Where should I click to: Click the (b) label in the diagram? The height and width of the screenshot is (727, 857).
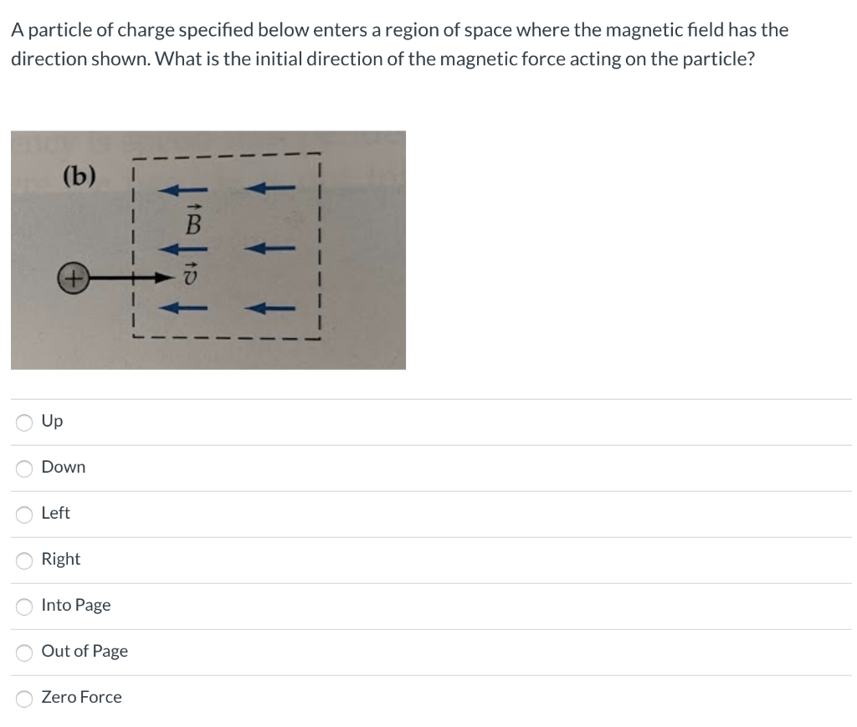pos(80,177)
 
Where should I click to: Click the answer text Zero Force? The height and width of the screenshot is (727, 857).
pos(81,697)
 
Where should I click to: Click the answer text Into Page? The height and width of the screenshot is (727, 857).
pos(75,605)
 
